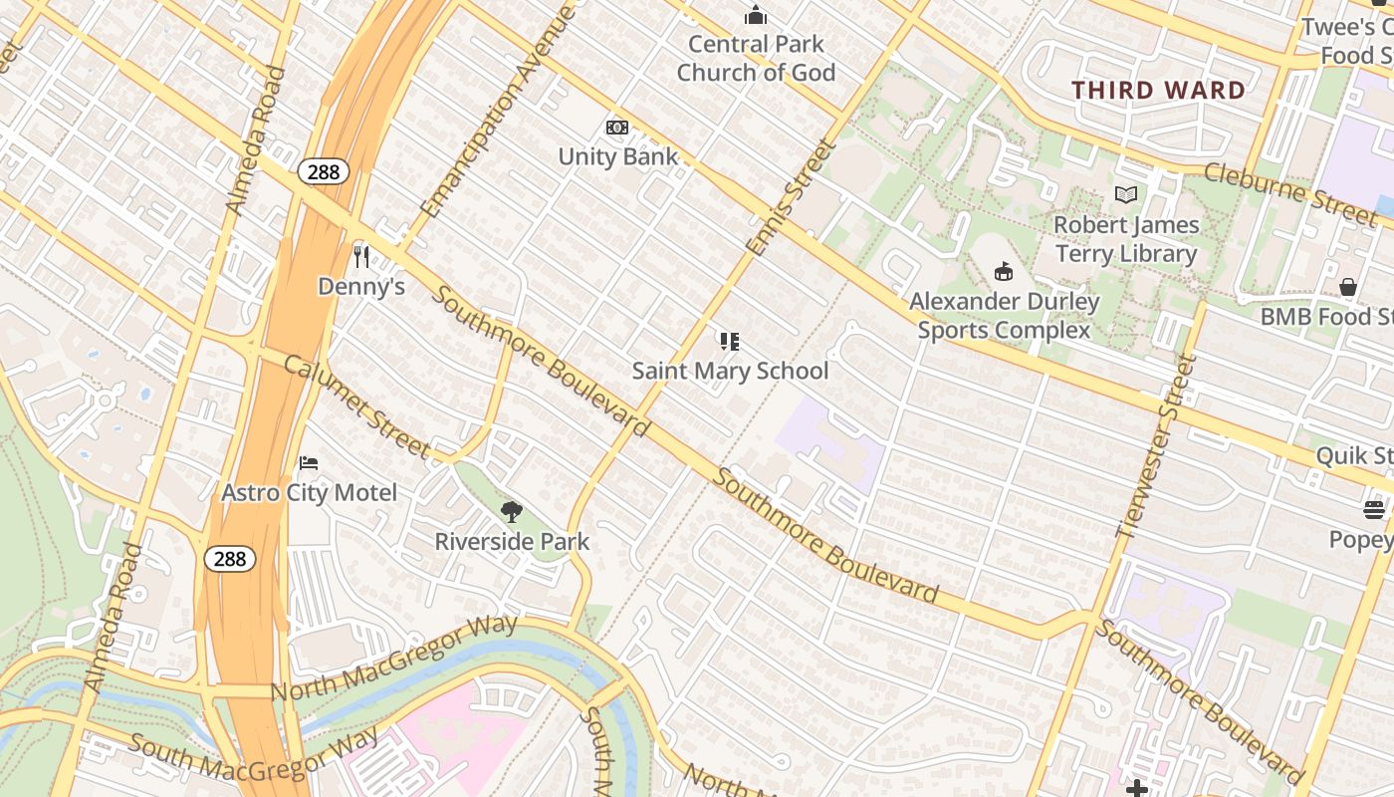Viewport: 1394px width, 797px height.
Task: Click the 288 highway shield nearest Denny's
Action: (323, 171)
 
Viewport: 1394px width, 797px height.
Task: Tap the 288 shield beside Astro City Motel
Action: (230, 559)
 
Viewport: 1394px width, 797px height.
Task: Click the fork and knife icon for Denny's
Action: (361, 257)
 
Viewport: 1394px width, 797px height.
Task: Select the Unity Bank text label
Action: (617, 156)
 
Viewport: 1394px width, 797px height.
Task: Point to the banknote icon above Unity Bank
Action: (617, 128)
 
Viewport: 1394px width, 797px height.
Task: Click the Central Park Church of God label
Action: (756, 58)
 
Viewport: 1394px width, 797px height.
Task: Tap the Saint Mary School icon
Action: (730, 342)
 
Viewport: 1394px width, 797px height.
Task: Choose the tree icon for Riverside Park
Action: (512, 512)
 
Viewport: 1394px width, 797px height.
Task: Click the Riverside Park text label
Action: (512, 542)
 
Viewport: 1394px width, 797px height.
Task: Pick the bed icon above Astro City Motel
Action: (309, 463)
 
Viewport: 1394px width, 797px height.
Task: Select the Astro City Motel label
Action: (309, 492)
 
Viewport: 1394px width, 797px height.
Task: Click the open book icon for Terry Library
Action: (1126, 195)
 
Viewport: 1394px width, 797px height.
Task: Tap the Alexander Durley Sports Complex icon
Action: (1004, 271)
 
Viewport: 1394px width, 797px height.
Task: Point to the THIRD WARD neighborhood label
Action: (1158, 90)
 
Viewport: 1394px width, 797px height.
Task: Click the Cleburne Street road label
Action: (1289, 192)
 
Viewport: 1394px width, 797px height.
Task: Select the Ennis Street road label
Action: (792, 197)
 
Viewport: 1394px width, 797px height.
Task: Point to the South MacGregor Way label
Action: (254, 756)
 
